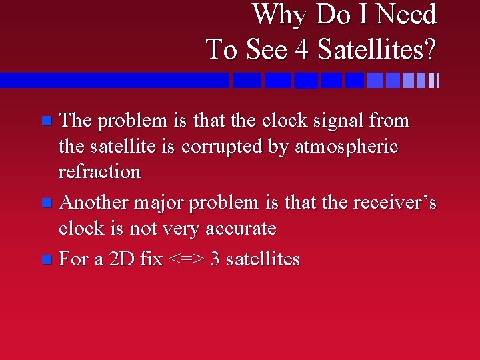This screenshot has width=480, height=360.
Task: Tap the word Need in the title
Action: [x=407, y=15]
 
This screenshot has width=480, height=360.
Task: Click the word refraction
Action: [x=99, y=171]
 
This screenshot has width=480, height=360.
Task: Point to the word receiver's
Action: [x=393, y=203]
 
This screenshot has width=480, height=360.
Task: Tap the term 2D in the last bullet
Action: [x=121, y=259]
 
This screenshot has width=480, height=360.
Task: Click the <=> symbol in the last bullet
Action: [x=187, y=259]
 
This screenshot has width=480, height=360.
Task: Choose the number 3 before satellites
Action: [x=215, y=259]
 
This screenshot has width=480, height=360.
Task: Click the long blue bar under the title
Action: [x=113, y=81]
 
